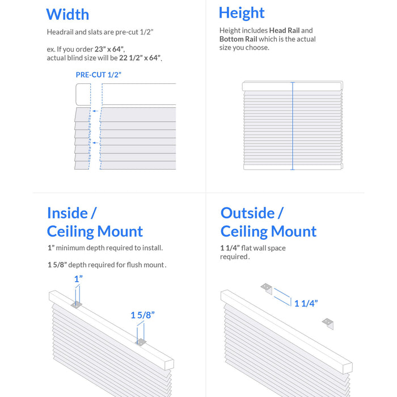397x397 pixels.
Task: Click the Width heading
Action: click(x=67, y=14)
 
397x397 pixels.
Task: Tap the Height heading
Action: click(x=242, y=13)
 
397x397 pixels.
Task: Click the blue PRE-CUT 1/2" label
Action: click(x=99, y=75)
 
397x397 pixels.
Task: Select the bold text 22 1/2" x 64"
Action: click(x=140, y=58)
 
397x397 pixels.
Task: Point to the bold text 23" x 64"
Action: click(x=109, y=49)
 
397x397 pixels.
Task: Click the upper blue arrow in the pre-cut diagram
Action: click(x=95, y=111)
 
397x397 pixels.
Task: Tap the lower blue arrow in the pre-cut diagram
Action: click(x=95, y=143)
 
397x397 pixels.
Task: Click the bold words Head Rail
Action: click(x=284, y=31)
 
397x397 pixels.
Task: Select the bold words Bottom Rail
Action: click(x=238, y=39)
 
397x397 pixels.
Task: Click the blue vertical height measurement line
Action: click(x=293, y=126)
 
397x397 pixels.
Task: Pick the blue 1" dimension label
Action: click(x=78, y=279)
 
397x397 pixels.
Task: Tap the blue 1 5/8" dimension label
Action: click(x=142, y=315)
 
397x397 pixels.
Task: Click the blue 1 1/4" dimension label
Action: click(x=306, y=303)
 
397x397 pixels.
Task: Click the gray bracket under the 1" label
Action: click(x=77, y=305)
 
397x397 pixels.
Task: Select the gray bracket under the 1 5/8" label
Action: click(x=141, y=343)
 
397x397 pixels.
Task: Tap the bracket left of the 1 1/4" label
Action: click(x=267, y=289)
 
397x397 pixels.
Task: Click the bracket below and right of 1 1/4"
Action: click(x=328, y=324)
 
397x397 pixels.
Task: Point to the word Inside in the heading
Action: click(x=67, y=213)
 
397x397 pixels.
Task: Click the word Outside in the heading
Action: click(x=248, y=213)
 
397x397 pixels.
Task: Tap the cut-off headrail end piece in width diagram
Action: click(x=83, y=95)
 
